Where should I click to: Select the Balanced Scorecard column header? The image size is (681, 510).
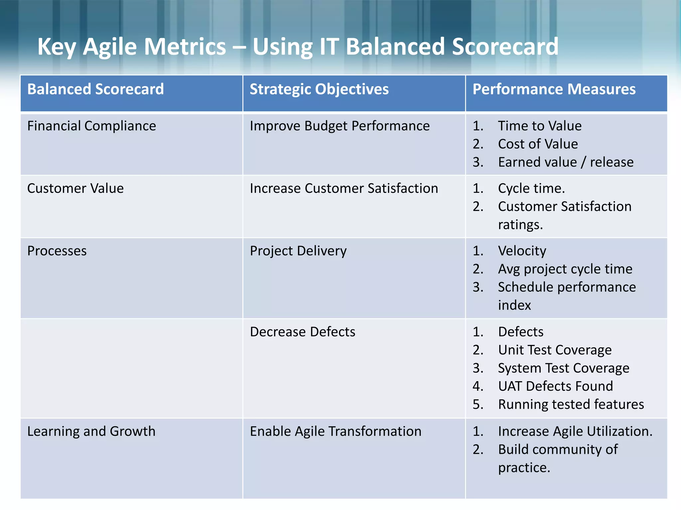click(x=95, y=89)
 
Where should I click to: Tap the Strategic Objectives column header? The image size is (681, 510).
click(x=319, y=89)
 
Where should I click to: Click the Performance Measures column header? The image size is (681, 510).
click(x=554, y=89)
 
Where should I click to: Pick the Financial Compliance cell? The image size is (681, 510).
click(x=91, y=126)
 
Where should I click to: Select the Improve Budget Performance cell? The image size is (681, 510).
click(x=340, y=126)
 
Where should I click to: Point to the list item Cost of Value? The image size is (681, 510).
click(x=538, y=144)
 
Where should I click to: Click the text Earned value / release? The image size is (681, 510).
click(x=566, y=162)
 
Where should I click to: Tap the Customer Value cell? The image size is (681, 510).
click(x=75, y=189)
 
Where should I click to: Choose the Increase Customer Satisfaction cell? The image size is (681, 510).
click(x=344, y=189)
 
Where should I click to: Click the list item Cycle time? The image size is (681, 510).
click(x=531, y=189)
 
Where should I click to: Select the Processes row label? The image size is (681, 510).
click(x=57, y=251)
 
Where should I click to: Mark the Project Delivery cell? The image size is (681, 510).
click(x=298, y=251)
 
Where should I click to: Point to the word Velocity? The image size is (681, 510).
click(x=522, y=251)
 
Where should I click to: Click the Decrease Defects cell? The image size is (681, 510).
click(x=303, y=332)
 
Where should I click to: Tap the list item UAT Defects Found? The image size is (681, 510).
click(x=555, y=386)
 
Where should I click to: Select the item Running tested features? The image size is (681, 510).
click(x=571, y=404)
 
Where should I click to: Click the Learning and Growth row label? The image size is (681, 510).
click(x=91, y=431)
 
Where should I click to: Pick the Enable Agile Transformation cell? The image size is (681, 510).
click(x=336, y=431)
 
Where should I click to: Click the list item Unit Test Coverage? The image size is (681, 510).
click(x=555, y=350)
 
